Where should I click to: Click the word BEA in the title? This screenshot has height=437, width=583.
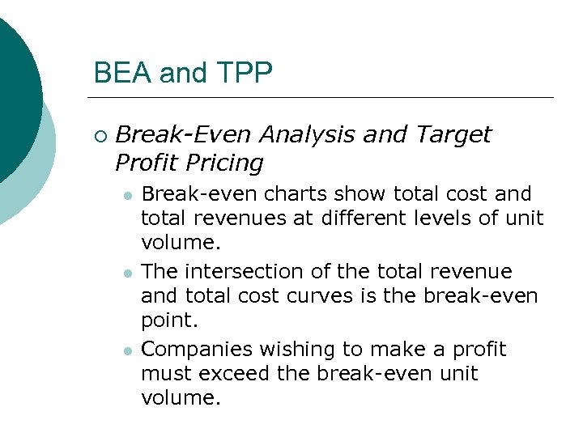coord(122,73)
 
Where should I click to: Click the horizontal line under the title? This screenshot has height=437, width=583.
coord(324,98)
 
